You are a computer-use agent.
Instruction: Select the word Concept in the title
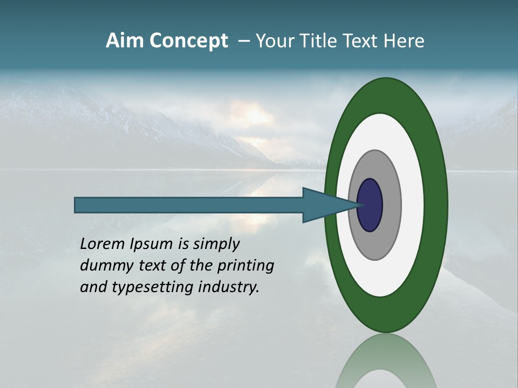[188, 41]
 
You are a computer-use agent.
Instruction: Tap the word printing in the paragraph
[246, 266]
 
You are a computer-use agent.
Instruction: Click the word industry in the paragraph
[228, 287]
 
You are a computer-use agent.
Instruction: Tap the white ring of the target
[412, 205]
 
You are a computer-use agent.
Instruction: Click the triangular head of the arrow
[324, 205]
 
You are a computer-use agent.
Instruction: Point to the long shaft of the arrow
[189, 205]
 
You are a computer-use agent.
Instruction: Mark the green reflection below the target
[386, 361]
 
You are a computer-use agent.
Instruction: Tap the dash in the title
[244, 41]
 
